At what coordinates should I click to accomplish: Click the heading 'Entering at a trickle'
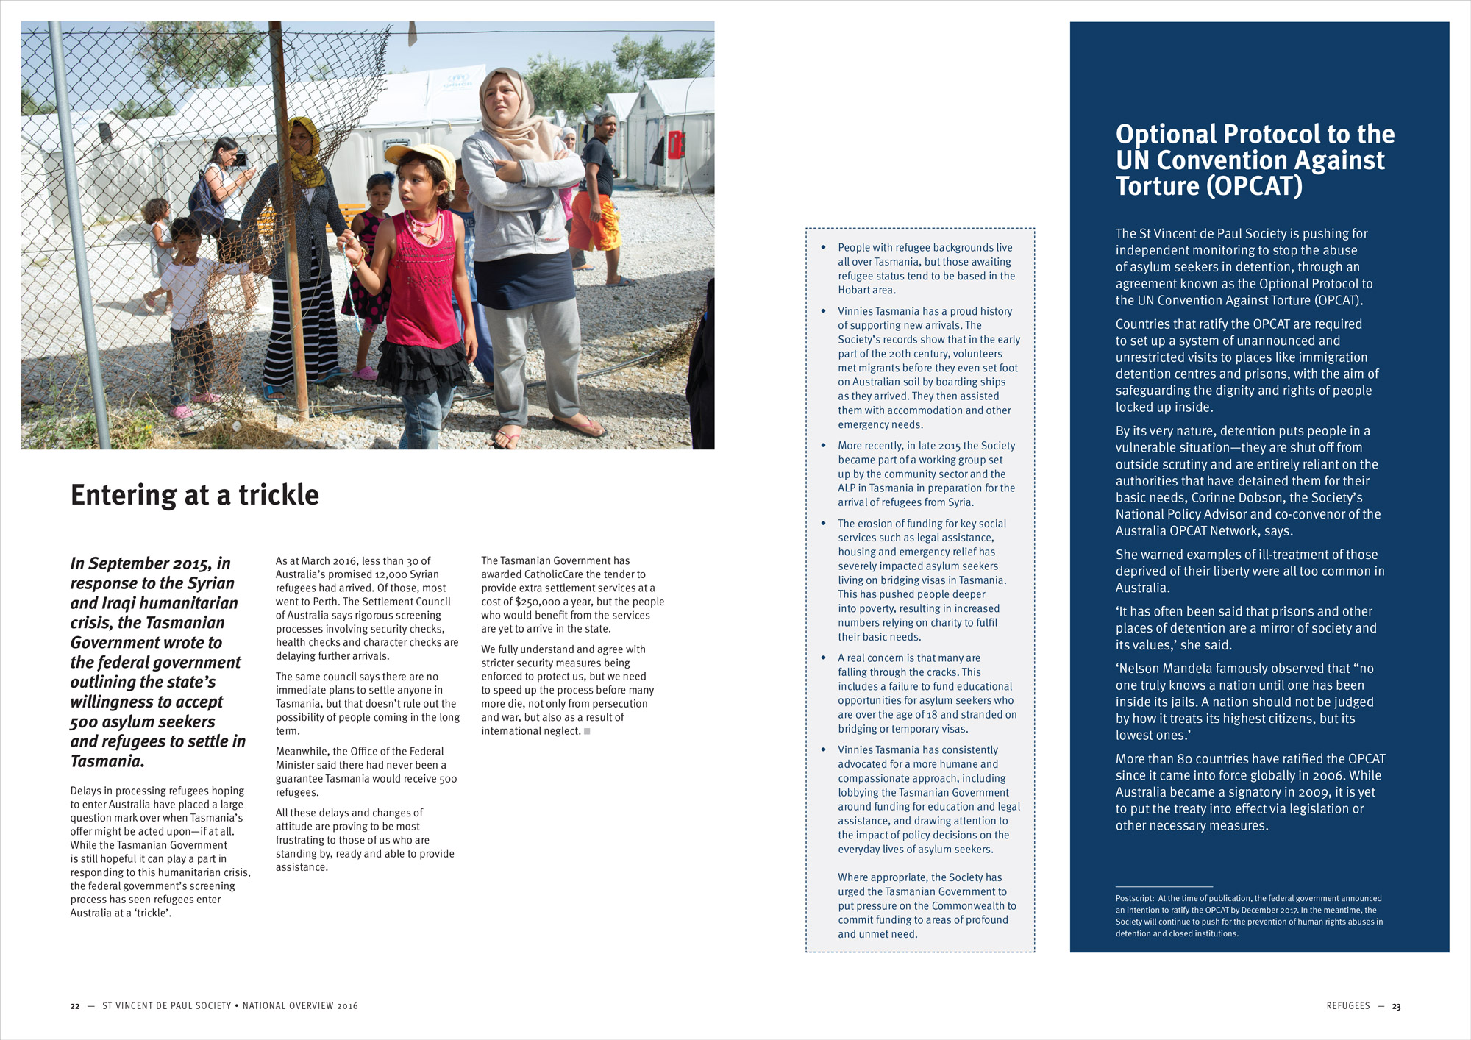pos(195,495)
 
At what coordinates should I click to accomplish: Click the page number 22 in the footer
pos(74,1006)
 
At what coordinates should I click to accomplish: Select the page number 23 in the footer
pos(1396,1006)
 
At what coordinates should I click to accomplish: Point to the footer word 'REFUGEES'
pos(1348,1006)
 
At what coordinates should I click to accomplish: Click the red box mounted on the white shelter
pos(676,145)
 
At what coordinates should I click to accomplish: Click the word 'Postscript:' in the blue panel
pos(1135,898)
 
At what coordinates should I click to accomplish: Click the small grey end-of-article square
pos(587,731)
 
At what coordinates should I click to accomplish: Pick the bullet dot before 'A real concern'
pos(823,658)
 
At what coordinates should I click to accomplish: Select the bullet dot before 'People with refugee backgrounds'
pos(823,247)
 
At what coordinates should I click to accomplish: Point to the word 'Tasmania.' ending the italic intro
pos(107,761)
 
